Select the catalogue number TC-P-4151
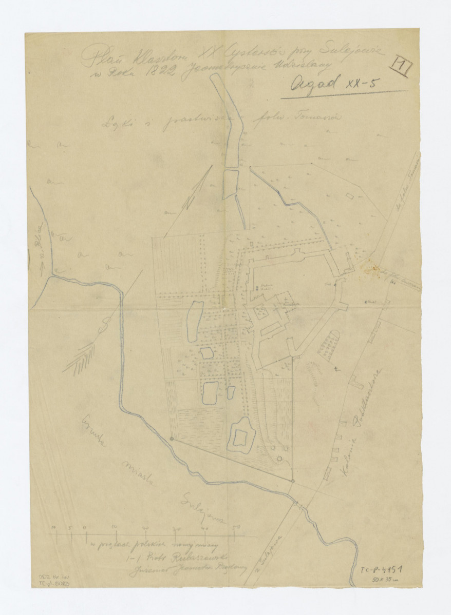380,570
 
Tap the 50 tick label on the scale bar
236,527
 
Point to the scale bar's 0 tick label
84,527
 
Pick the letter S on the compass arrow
105,324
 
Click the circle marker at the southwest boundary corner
172,439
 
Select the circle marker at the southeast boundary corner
292,481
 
